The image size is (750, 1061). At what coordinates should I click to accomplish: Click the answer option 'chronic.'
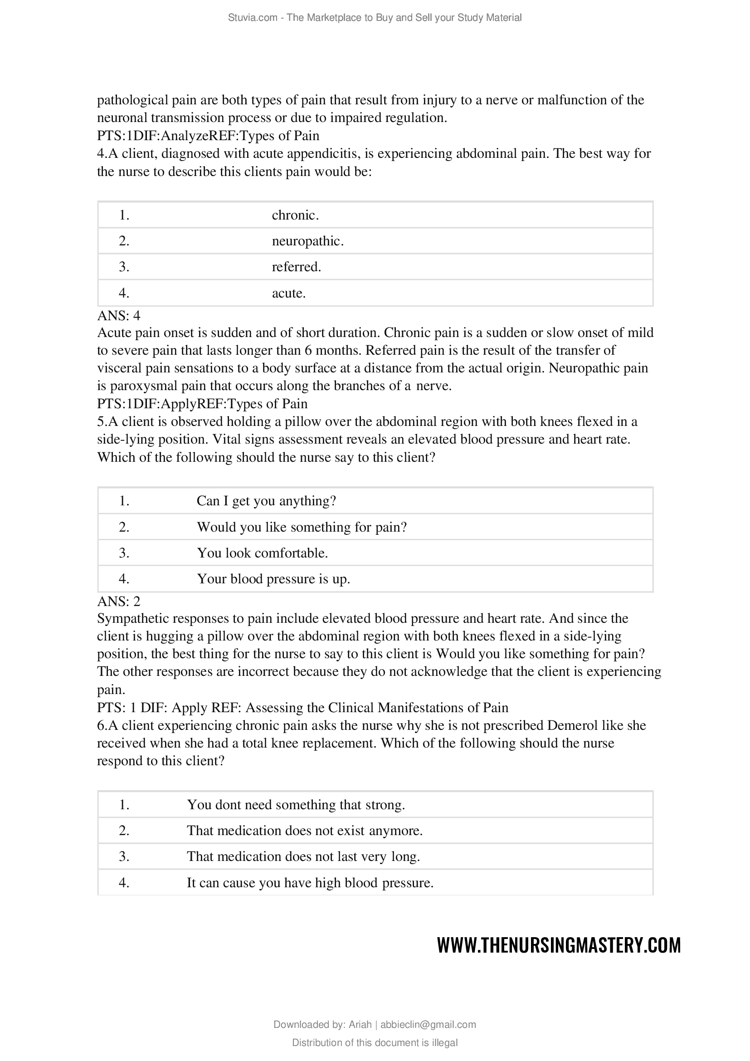point(295,215)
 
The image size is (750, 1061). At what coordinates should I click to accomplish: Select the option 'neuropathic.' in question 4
point(307,241)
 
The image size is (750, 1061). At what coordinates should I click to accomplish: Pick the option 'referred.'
point(296,267)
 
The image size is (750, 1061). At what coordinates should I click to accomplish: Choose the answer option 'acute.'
point(289,293)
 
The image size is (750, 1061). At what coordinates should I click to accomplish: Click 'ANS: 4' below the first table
point(119,316)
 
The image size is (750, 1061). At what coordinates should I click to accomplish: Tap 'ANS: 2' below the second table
point(119,601)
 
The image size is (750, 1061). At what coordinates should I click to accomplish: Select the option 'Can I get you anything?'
point(266,501)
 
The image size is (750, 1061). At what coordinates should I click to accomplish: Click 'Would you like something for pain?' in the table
point(302,527)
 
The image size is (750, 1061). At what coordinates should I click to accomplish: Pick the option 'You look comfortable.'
point(262,553)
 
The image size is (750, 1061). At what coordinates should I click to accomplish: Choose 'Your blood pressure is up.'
point(273,579)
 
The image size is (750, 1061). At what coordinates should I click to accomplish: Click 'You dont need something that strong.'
point(296,805)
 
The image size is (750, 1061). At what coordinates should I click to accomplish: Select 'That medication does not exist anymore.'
point(304,831)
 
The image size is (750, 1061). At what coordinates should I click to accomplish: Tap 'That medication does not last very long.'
point(303,857)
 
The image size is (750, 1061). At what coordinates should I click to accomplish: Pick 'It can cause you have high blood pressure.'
point(310,883)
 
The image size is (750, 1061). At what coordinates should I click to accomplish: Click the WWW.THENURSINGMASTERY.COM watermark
point(559,945)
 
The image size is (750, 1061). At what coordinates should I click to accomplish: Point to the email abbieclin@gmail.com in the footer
point(428,1025)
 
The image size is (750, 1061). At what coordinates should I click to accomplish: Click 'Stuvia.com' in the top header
point(252,18)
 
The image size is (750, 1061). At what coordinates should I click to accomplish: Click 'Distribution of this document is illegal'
point(375,1043)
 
